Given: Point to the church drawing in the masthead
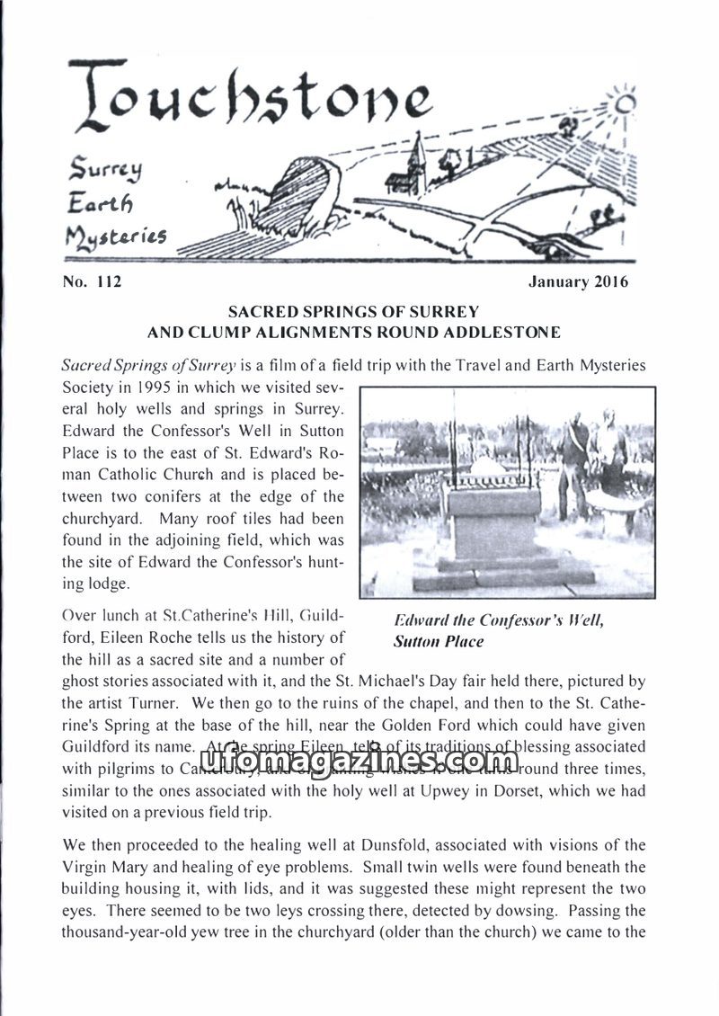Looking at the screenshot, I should (x=413, y=166).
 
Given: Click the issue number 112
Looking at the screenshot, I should (x=106, y=282).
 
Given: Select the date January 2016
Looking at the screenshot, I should (x=579, y=282).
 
